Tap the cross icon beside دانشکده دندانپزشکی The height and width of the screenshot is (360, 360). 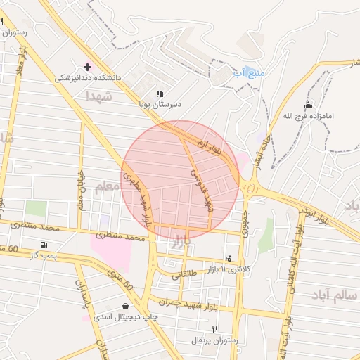[87, 67]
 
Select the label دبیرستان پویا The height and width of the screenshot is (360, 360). [159, 103]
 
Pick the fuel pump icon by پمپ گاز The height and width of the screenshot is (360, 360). [44, 245]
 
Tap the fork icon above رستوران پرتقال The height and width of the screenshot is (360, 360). [215, 329]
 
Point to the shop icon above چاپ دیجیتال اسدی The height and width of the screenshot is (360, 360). [125, 306]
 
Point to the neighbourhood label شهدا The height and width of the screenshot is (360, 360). [98, 96]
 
